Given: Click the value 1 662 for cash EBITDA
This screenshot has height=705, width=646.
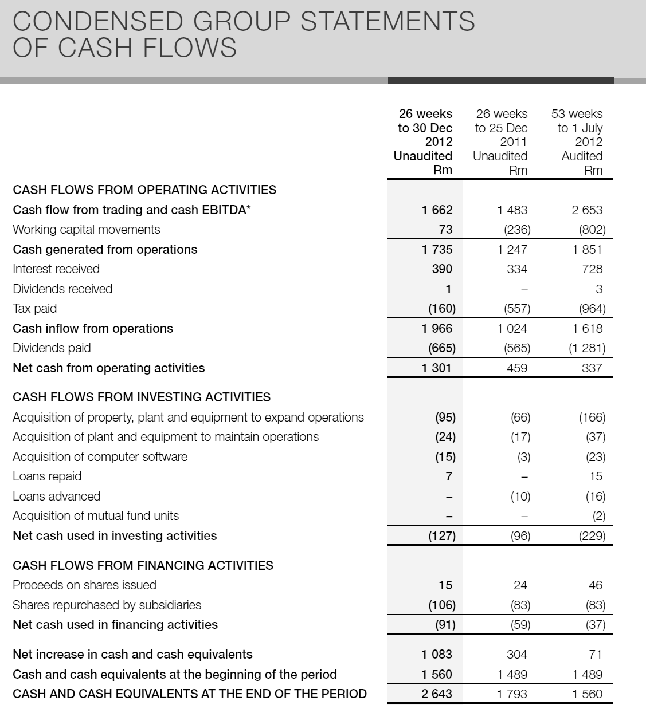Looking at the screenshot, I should click(x=437, y=210).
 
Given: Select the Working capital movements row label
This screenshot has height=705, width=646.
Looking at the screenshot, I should click(x=87, y=230).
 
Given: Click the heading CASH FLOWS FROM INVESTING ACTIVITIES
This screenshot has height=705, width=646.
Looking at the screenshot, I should click(x=142, y=397).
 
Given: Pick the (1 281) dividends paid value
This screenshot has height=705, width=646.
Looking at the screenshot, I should click(x=587, y=348).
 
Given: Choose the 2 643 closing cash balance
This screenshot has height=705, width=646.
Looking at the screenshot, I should click(x=437, y=694).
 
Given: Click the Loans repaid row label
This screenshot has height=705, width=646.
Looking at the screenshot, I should click(x=47, y=476).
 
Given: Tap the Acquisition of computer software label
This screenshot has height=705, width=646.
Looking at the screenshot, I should click(x=100, y=457).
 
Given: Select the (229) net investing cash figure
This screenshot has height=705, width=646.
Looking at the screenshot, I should click(x=592, y=536).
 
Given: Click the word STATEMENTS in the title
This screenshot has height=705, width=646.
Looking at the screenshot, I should click(x=387, y=22).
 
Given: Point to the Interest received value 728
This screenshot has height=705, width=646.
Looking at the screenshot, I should click(x=592, y=269).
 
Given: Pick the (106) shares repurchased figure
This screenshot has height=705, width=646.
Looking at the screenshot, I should click(x=442, y=605).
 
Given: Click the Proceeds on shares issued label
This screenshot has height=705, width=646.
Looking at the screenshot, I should click(x=84, y=585).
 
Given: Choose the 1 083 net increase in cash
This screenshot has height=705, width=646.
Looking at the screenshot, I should click(x=437, y=655).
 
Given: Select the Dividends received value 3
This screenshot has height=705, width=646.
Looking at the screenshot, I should click(x=599, y=289).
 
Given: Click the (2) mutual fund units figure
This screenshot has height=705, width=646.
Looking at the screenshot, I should click(x=598, y=516).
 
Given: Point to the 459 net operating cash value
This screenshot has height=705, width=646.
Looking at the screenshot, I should click(x=517, y=368).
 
